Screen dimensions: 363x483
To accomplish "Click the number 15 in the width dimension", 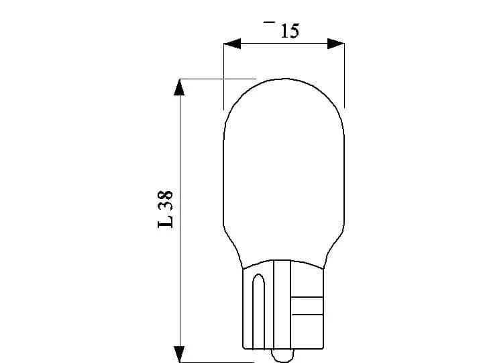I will (x=290, y=30).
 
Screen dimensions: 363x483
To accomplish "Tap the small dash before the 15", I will (x=269, y=22).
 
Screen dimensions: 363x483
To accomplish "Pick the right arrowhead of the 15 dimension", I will (x=335, y=44).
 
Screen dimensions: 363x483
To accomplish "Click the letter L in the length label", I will (x=166, y=220).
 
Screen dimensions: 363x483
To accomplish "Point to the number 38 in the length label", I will (x=166, y=200).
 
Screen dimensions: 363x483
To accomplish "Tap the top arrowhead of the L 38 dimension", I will (x=178, y=87).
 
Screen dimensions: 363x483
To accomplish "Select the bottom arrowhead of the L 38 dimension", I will (x=178, y=354).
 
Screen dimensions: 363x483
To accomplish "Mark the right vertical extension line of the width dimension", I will (x=344, y=74).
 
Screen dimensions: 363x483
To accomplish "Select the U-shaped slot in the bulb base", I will (x=258, y=309).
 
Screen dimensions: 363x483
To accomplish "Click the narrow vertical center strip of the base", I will (x=282, y=302).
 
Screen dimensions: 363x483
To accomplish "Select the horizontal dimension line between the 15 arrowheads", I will (x=283, y=44).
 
